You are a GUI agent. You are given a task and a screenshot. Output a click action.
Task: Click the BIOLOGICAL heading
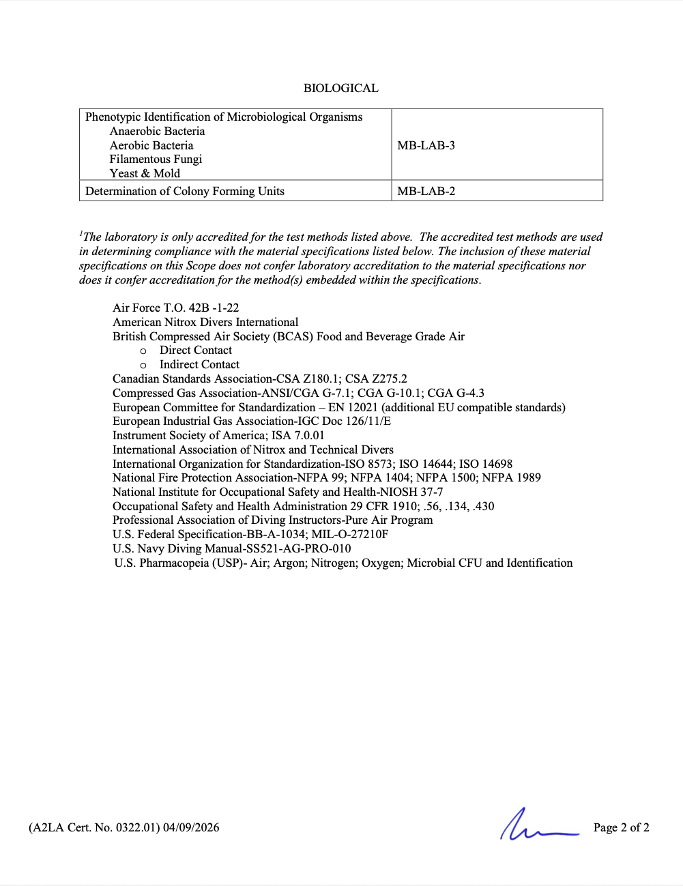point(340,88)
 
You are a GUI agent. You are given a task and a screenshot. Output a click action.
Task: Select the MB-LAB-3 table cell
point(426,145)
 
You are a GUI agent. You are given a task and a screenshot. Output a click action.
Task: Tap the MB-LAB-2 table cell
point(426,191)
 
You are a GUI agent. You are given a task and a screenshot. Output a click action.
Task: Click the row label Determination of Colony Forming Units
point(185,191)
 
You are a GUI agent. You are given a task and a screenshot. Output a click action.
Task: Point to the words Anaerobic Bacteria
point(157,131)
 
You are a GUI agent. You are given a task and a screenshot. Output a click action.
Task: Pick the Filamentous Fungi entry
point(156,159)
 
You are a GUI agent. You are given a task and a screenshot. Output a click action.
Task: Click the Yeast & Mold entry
point(145,173)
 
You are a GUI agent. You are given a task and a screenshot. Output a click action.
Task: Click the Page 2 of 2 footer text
point(621,827)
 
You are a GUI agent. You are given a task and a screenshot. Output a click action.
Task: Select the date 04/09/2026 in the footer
point(191,827)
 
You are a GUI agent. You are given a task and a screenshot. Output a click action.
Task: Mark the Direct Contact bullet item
point(196,350)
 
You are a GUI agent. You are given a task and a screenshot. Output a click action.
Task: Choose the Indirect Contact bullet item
point(199,364)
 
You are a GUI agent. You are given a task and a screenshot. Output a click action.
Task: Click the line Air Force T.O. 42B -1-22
point(176,308)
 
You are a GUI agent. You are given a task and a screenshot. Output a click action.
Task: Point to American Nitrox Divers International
point(205,322)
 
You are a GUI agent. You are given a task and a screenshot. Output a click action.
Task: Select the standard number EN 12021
point(353,407)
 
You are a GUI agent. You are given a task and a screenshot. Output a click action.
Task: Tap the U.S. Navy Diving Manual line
point(232,548)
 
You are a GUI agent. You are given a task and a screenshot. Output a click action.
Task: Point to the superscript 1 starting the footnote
point(81,233)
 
